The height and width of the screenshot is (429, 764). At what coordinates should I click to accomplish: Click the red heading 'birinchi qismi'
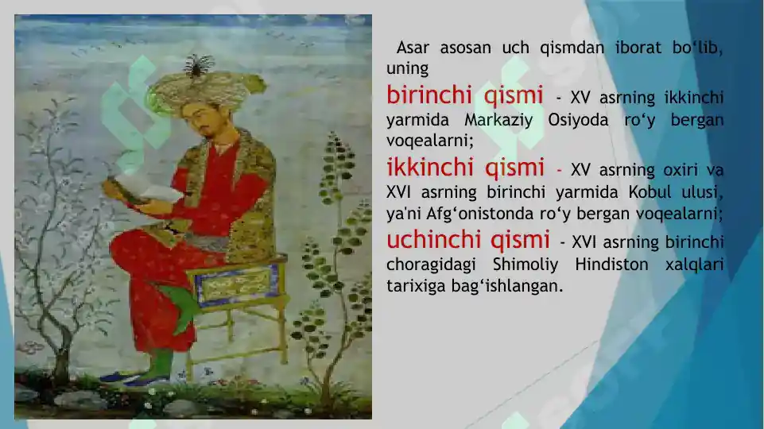[464, 96]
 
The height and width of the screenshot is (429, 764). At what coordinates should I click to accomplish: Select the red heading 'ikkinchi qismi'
[465, 168]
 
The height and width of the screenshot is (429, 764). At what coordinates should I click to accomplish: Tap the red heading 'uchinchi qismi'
[467, 239]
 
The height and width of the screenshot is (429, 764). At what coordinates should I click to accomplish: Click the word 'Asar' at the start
[413, 48]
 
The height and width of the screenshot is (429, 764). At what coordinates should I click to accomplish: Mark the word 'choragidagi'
[425, 264]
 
